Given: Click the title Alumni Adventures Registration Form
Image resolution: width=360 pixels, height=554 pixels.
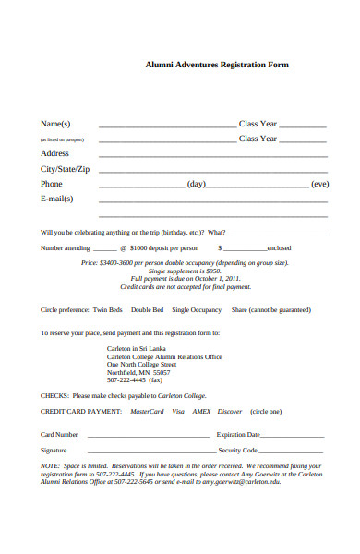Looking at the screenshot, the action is click(218, 65).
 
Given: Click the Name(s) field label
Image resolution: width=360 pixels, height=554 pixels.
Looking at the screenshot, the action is click(55, 124).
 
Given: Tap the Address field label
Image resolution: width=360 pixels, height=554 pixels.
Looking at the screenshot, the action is click(54, 153).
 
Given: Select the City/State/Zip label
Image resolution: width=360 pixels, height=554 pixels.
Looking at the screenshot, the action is click(65, 169).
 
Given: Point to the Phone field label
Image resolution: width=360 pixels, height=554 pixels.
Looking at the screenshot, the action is click(51, 184).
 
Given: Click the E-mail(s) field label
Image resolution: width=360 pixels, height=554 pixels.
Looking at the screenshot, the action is click(56, 199).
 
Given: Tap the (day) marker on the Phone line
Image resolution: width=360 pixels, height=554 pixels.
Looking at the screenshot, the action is click(197, 184).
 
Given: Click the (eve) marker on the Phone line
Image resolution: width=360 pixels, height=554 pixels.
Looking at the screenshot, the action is click(319, 184).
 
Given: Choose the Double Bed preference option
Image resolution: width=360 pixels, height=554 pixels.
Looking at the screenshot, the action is click(147, 310).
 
